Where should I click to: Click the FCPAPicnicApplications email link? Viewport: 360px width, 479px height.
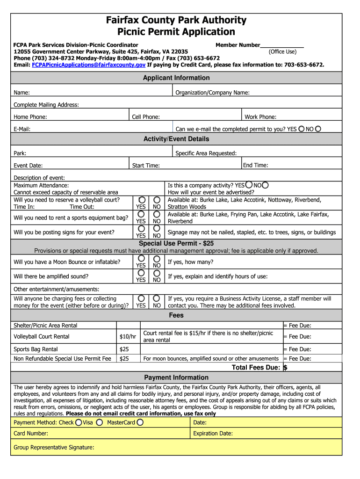(89, 65)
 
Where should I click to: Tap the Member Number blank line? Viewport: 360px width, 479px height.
(282, 45)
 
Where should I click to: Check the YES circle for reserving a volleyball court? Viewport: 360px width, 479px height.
(141, 200)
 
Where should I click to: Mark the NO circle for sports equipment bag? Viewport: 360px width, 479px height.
(157, 214)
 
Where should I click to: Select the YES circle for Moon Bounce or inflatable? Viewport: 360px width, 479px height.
(141, 259)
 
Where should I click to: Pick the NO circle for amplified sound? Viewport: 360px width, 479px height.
(157, 273)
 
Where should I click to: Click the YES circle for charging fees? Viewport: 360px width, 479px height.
(141, 298)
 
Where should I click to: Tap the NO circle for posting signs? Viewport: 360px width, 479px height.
(157, 229)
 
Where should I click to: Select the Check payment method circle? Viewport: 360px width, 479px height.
(78, 422)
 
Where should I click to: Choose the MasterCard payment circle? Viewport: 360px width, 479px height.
(140, 422)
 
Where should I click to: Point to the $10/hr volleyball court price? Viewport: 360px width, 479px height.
(128, 337)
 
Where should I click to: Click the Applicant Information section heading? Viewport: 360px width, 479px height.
(176, 78)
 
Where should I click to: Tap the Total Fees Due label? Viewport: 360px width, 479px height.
(256, 368)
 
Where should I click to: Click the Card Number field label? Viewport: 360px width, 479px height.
(31, 434)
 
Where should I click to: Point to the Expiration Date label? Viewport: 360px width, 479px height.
(213, 434)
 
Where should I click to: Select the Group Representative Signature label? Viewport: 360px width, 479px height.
(54, 447)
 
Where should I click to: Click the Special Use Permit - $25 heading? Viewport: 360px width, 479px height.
(176, 244)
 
